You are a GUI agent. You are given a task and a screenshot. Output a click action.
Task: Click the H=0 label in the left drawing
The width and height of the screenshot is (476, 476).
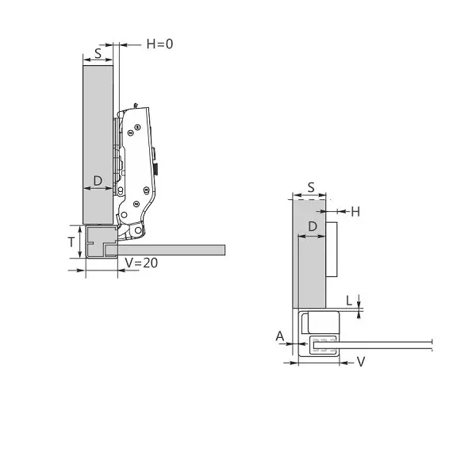tap(159, 44)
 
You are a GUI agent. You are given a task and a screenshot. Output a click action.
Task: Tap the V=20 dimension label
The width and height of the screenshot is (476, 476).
tap(141, 263)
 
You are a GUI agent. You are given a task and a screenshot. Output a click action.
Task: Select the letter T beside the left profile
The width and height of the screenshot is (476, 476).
tap(71, 242)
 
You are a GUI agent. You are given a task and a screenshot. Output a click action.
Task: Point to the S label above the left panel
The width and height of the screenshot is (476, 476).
tap(98, 54)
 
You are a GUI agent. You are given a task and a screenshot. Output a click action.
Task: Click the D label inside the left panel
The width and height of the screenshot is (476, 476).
tap(98, 181)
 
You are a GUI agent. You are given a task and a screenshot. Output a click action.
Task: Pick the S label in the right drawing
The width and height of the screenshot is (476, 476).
tap(311, 187)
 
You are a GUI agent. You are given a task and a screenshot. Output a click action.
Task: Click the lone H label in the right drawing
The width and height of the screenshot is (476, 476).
tap(355, 212)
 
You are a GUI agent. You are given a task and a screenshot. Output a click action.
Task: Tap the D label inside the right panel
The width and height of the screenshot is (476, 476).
tap(313, 226)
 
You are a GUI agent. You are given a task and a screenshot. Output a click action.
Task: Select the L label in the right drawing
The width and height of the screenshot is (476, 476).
tap(349, 301)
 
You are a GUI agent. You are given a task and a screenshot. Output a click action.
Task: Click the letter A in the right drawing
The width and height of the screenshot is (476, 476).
tap(280, 336)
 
